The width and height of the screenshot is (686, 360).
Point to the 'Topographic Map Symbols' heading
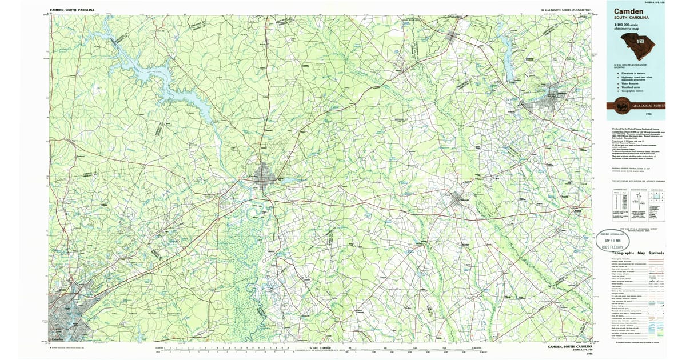(638, 253)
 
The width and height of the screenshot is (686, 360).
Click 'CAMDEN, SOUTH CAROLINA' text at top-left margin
(73, 10)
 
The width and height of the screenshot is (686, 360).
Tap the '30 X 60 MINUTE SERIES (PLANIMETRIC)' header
(565, 10)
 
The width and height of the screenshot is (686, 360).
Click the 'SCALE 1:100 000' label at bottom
(321, 348)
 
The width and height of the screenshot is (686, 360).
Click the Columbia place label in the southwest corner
(57, 339)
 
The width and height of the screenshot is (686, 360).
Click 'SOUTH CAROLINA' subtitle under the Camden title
(631, 18)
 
